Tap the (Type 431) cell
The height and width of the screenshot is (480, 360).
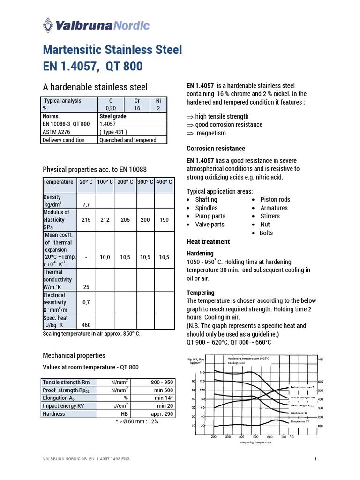click(x=113, y=132)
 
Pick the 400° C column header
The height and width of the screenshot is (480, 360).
click(x=164, y=182)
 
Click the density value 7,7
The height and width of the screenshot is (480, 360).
click(x=86, y=205)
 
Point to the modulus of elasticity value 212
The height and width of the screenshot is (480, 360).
click(x=105, y=220)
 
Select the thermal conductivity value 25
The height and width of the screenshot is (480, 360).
click(x=86, y=286)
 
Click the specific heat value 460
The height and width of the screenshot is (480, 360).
click(x=86, y=325)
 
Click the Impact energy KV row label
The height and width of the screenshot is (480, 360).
click(x=61, y=406)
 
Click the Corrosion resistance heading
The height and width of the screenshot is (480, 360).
click(x=216, y=149)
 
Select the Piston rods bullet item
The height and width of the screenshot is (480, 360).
click(x=275, y=199)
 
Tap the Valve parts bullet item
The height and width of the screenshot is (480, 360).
click(x=210, y=225)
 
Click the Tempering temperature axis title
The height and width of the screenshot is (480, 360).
click(x=255, y=442)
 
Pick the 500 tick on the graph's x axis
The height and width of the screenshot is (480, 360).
click(x=255, y=436)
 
